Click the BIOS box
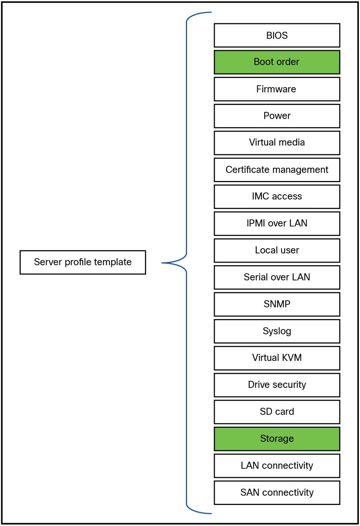pos(277,35)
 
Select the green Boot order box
pos(277,62)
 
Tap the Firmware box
pos(277,89)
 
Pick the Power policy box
pos(277,116)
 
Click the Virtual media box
pos(277,143)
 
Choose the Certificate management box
pos(277,170)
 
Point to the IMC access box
pos(277,197)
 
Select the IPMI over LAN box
pos(277,223)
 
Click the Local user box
pos(277,250)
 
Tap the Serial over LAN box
pos(277,277)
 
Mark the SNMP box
pos(277,304)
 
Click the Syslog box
pos(277,331)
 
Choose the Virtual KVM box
pos(277,358)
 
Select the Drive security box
pos(277,385)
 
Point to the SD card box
pos(277,412)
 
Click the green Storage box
pos(277,439)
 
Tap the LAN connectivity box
pos(277,466)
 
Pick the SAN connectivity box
pos(277,493)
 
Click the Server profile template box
pos(83,262)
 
